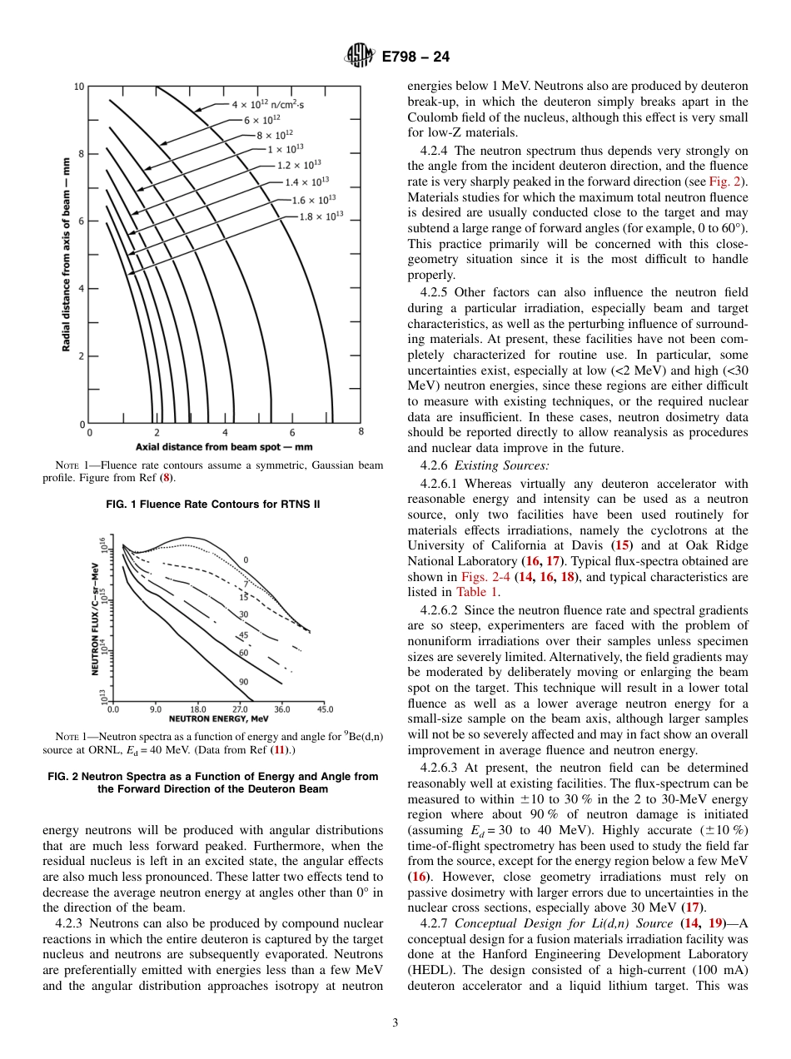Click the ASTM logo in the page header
(361, 57)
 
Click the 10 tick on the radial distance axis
(78, 87)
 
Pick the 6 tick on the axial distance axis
(292, 432)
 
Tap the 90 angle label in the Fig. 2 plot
(243, 682)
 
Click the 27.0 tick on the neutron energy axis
(240, 709)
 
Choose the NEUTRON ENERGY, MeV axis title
(219, 718)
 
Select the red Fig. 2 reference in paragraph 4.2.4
(727, 181)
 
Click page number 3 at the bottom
(395, 1022)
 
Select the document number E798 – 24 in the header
(415, 57)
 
